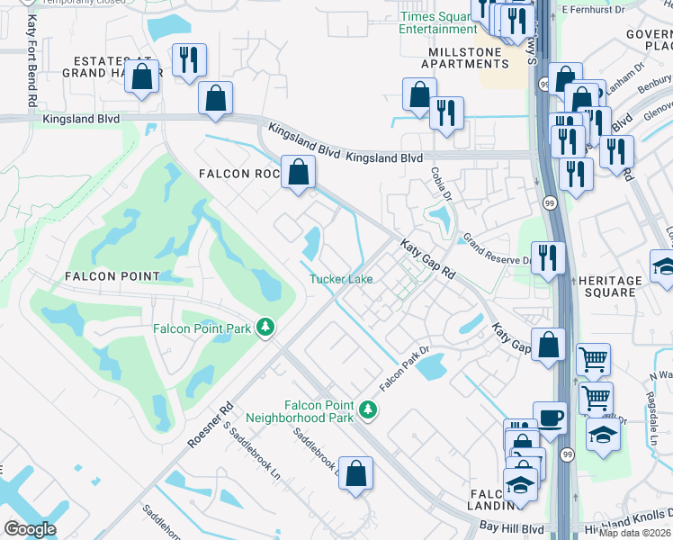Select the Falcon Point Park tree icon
point(265,327)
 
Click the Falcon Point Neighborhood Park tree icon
point(367,410)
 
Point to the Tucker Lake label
point(341,279)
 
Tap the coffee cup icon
point(551,418)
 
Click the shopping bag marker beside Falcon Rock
point(297,171)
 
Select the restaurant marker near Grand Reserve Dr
point(548,257)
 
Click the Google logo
point(29,529)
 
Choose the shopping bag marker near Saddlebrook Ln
point(355,472)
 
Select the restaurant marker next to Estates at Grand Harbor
point(189,60)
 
